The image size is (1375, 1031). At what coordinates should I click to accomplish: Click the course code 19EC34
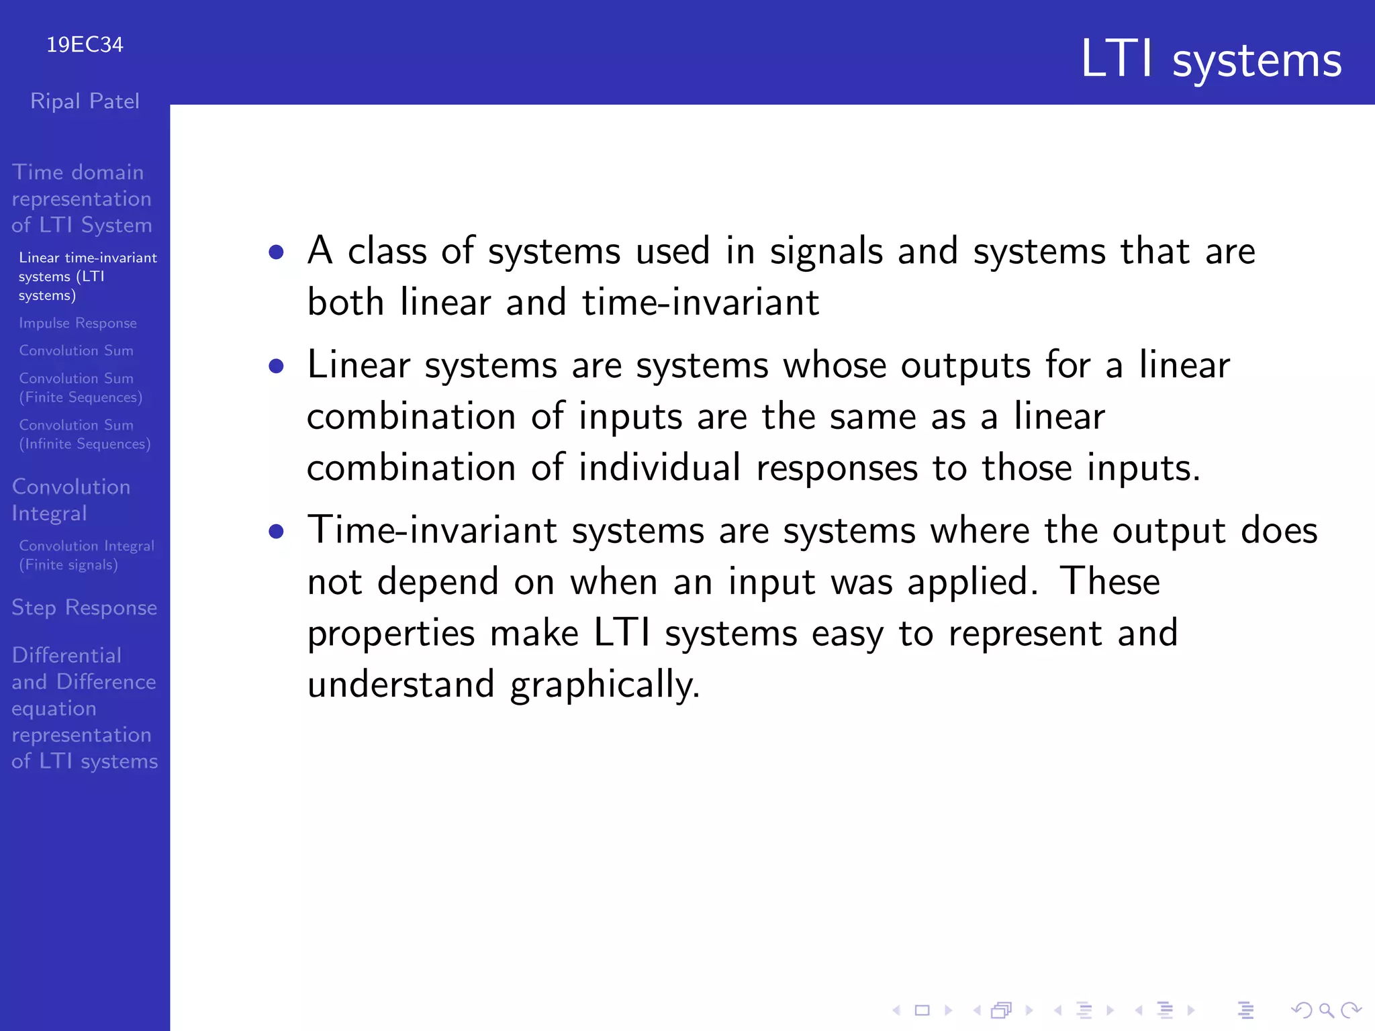tap(85, 45)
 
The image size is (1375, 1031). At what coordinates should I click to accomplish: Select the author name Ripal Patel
tap(85, 101)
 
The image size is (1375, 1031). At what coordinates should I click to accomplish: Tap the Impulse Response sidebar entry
tap(78, 323)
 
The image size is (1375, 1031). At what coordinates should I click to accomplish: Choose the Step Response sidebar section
tap(85, 607)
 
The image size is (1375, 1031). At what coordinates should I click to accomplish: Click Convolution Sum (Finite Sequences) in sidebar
tap(81, 388)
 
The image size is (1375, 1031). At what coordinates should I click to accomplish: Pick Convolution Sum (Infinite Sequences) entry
tap(85, 434)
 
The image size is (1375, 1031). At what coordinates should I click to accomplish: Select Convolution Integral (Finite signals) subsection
tap(86, 555)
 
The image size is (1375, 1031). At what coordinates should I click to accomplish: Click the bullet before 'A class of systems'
tap(276, 252)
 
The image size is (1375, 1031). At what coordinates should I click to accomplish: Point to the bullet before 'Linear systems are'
tap(276, 366)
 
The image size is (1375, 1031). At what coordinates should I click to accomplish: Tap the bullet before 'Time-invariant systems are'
tap(276, 532)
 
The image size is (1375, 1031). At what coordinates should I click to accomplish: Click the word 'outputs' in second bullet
tap(965, 366)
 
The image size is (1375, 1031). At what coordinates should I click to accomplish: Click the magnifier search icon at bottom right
tap(1326, 1010)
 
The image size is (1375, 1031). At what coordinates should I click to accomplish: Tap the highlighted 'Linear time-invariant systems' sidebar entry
tap(87, 277)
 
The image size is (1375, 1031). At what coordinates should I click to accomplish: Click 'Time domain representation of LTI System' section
tap(82, 199)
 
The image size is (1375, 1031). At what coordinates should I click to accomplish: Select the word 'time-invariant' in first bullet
tap(700, 303)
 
